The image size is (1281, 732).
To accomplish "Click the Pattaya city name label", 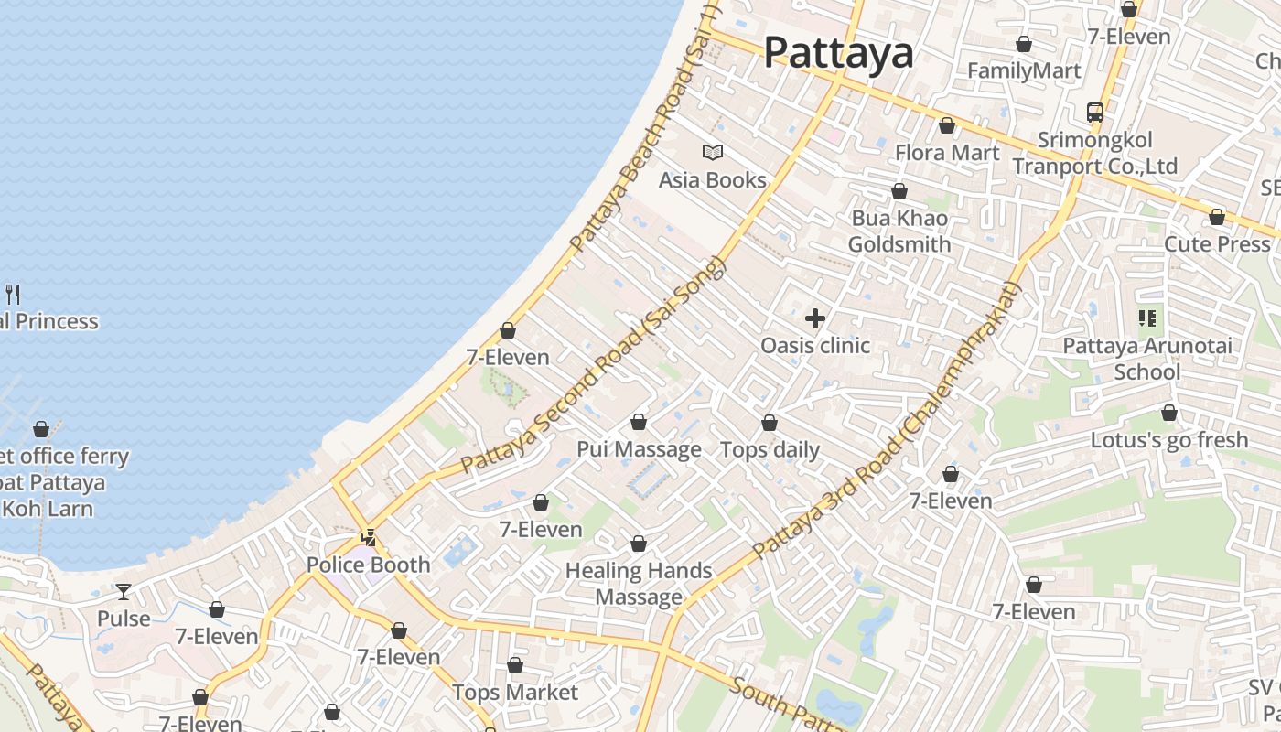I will (x=838, y=53).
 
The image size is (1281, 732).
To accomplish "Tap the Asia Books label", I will (x=712, y=180).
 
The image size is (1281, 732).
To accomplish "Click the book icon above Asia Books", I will (x=713, y=152).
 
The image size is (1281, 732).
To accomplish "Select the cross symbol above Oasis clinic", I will (x=814, y=318).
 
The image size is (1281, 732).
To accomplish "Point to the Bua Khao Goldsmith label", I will (x=899, y=231).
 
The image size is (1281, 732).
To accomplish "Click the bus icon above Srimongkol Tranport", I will (x=1095, y=113).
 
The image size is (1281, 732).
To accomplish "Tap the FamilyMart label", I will (x=1024, y=71).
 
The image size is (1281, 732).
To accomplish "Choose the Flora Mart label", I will (x=947, y=153).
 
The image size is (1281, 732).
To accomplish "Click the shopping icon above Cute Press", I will (x=1217, y=217).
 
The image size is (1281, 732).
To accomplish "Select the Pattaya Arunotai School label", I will (x=1147, y=359).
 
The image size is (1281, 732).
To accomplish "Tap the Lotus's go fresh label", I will (x=1169, y=440).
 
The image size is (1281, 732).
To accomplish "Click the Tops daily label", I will (x=770, y=450).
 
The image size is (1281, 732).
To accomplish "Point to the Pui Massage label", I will (x=639, y=449).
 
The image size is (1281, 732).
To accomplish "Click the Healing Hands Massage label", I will (x=639, y=584).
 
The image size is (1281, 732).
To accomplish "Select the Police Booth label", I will (x=368, y=565).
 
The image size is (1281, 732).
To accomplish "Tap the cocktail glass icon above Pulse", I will (x=124, y=591).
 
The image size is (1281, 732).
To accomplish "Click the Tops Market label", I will (x=515, y=693).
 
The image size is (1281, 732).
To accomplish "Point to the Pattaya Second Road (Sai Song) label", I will (x=593, y=365).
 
